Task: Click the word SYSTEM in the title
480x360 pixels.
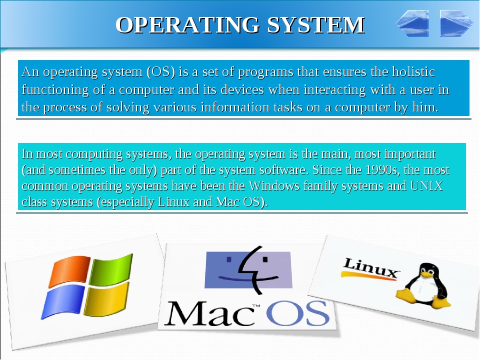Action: pyautogui.click(x=316, y=25)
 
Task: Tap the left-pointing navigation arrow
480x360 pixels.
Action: pyautogui.click(x=412, y=23)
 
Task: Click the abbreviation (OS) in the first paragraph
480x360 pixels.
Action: pyautogui.click(x=160, y=72)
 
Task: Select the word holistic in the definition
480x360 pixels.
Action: pyautogui.click(x=413, y=71)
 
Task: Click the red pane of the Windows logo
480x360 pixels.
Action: pyautogui.click(x=69, y=271)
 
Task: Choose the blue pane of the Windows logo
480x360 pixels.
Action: pyautogui.click(x=63, y=301)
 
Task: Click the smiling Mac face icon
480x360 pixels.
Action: pyautogui.click(x=248, y=270)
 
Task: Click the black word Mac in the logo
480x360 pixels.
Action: pyautogui.click(x=209, y=313)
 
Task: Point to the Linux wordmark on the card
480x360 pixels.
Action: pyautogui.click(x=370, y=268)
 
